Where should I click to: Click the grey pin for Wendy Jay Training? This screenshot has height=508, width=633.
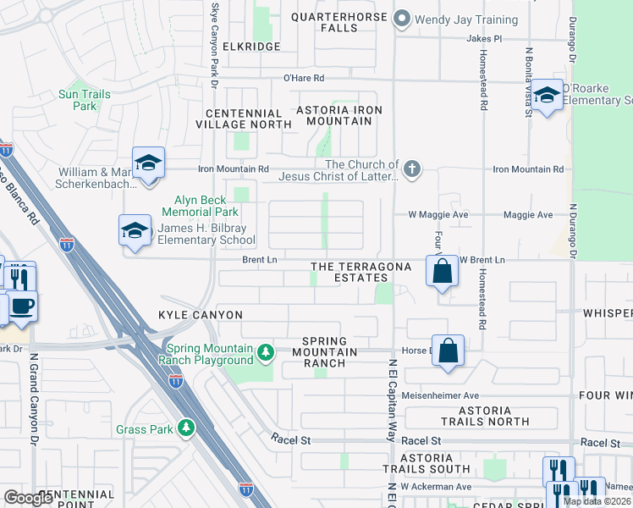402,19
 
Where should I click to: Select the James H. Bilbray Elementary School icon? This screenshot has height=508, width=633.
134,231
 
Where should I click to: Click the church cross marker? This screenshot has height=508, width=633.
412,169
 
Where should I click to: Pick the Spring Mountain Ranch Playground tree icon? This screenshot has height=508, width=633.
266,351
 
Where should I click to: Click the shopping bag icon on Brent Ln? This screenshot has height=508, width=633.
442,272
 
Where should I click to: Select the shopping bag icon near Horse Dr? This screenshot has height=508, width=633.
448,350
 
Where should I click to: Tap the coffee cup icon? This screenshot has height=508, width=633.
22,306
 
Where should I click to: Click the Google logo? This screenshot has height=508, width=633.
28,498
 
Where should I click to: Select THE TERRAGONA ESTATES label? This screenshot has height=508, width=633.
361,272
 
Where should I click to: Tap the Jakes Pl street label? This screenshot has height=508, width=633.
484,39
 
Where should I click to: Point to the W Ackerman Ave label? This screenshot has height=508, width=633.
436,487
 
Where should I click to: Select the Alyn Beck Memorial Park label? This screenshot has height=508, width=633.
200,206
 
